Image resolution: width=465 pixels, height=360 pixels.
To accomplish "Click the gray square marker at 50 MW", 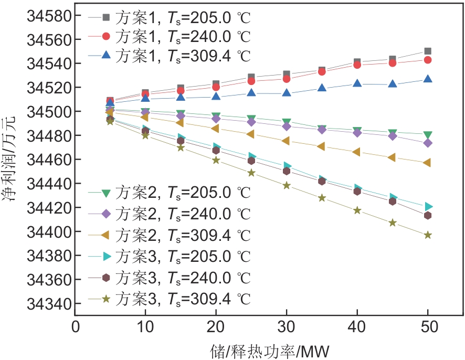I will pyautogui.click(x=428, y=51).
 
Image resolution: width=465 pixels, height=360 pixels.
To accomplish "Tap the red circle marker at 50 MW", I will pyautogui.click(x=428, y=60).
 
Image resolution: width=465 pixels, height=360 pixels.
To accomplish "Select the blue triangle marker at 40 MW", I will pyautogui.click(x=357, y=83).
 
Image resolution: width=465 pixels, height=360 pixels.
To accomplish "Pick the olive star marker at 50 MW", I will pyautogui.click(x=428, y=235).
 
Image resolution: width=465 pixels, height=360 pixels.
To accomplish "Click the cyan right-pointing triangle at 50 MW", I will pyautogui.click(x=428, y=206).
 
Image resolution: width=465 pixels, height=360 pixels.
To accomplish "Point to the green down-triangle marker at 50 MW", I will pyautogui.click(x=428, y=135).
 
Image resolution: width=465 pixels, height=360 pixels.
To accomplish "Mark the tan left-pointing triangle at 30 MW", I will pyautogui.click(x=286, y=141).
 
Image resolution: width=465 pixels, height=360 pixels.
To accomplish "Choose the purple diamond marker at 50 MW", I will pyautogui.click(x=428, y=143).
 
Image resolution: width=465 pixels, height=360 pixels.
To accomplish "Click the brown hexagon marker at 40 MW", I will pyautogui.click(x=357, y=191).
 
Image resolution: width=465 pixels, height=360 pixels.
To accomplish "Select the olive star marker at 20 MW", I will pyautogui.click(x=216, y=160).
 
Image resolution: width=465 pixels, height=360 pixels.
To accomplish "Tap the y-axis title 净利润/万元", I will pyautogui.click(x=12, y=160).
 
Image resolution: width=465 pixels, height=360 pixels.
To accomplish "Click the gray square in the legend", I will pyautogui.click(x=105, y=17).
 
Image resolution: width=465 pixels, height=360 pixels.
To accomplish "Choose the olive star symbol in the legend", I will pyautogui.click(x=105, y=299).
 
